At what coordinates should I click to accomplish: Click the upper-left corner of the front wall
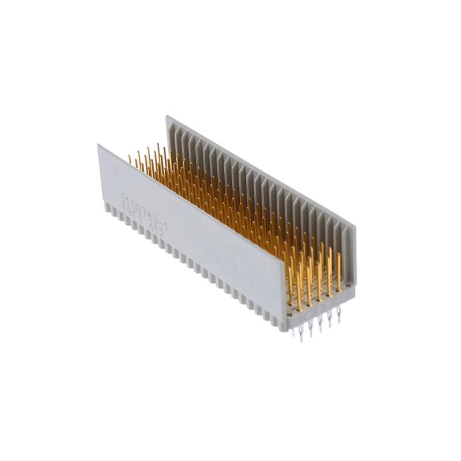click(99, 145)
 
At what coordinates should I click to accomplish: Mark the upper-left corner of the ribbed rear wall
click(168, 117)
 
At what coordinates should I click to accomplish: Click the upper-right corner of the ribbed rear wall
click(355, 226)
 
